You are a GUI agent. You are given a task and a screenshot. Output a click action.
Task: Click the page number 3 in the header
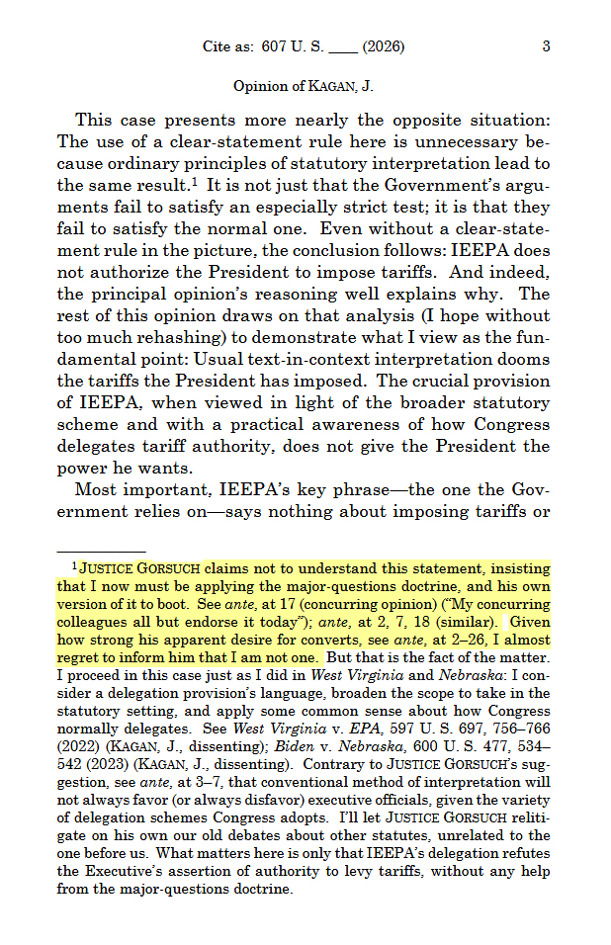point(546,46)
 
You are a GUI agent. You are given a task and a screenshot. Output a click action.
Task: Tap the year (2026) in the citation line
point(383,46)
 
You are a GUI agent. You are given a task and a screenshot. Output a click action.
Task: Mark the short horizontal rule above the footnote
point(102,552)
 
